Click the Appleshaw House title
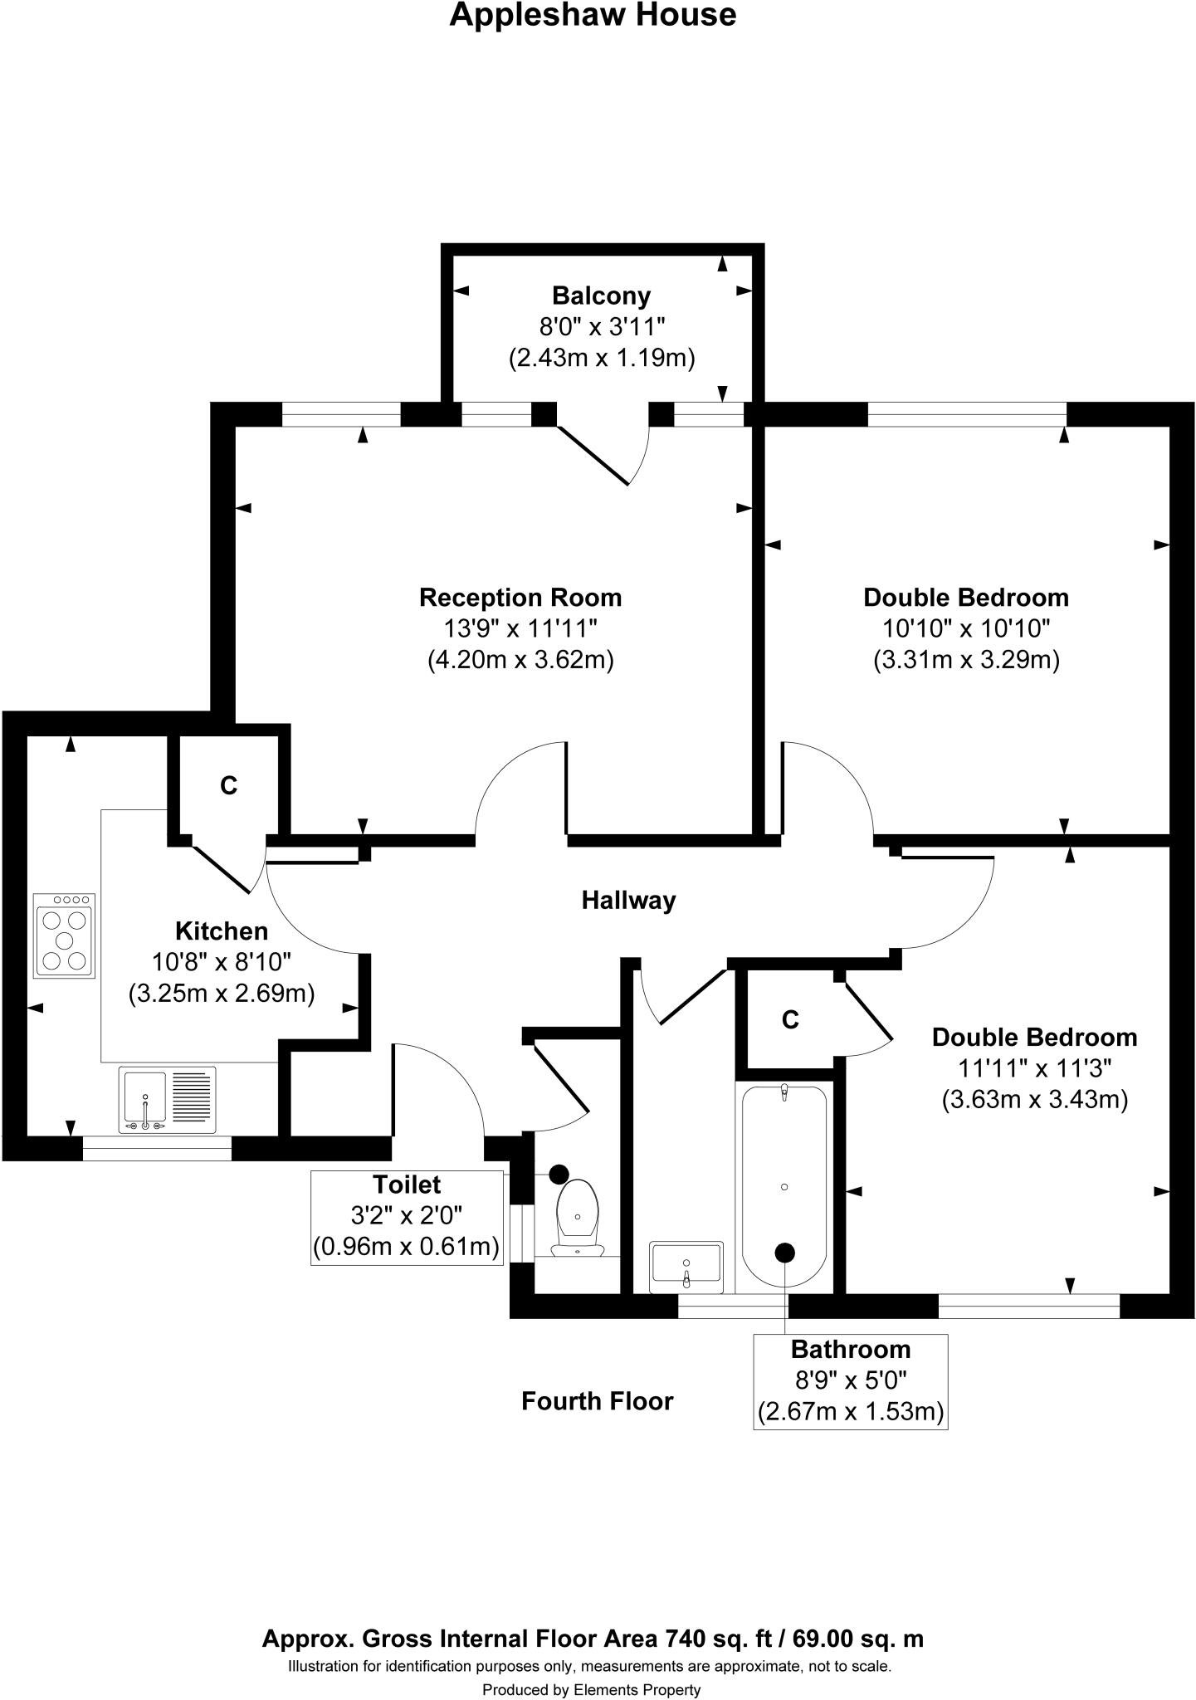(x=593, y=15)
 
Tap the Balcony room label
(x=601, y=296)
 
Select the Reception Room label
(x=520, y=598)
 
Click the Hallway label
(x=628, y=901)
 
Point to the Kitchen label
(x=222, y=931)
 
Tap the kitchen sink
(x=167, y=1100)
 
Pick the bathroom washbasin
(x=686, y=1267)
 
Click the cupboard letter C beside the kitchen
(x=229, y=785)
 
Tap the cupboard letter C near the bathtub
(x=790, y=1019)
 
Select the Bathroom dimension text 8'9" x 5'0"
(x=850, y=1380)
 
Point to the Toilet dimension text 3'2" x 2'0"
(x=407, y=1215)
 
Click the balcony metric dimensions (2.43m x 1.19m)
(x=601, y=358)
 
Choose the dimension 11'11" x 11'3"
(x=1034, y=1068)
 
